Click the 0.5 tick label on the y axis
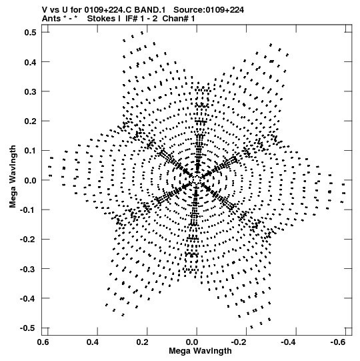coord(30,33)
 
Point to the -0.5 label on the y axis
coord(28,328)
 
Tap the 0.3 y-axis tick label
coord(30,91)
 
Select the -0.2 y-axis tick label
coord(28,240)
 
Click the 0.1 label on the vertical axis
coord(30,151)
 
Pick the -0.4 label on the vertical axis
coord(28,298)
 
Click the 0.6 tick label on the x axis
coord(43,342)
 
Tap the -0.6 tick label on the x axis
coord(338,342)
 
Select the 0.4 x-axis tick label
coord(93,342)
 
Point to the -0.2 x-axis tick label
coord(239,342)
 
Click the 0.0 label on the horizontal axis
coord(192,342)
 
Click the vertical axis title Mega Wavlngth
coord(13,177)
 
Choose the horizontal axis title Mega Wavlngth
coord(200,351)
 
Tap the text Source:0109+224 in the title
coord(209,10)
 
